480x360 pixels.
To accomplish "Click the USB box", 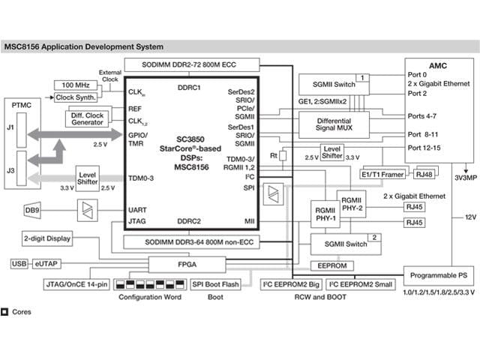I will point(19,264).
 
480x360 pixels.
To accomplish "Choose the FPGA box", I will point(186,264).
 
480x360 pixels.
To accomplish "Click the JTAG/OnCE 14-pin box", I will point(78,285).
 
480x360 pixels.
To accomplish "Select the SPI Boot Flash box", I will point(215,285).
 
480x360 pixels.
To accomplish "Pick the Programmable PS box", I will point(438,274).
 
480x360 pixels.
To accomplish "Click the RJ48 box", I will point(424,174).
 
